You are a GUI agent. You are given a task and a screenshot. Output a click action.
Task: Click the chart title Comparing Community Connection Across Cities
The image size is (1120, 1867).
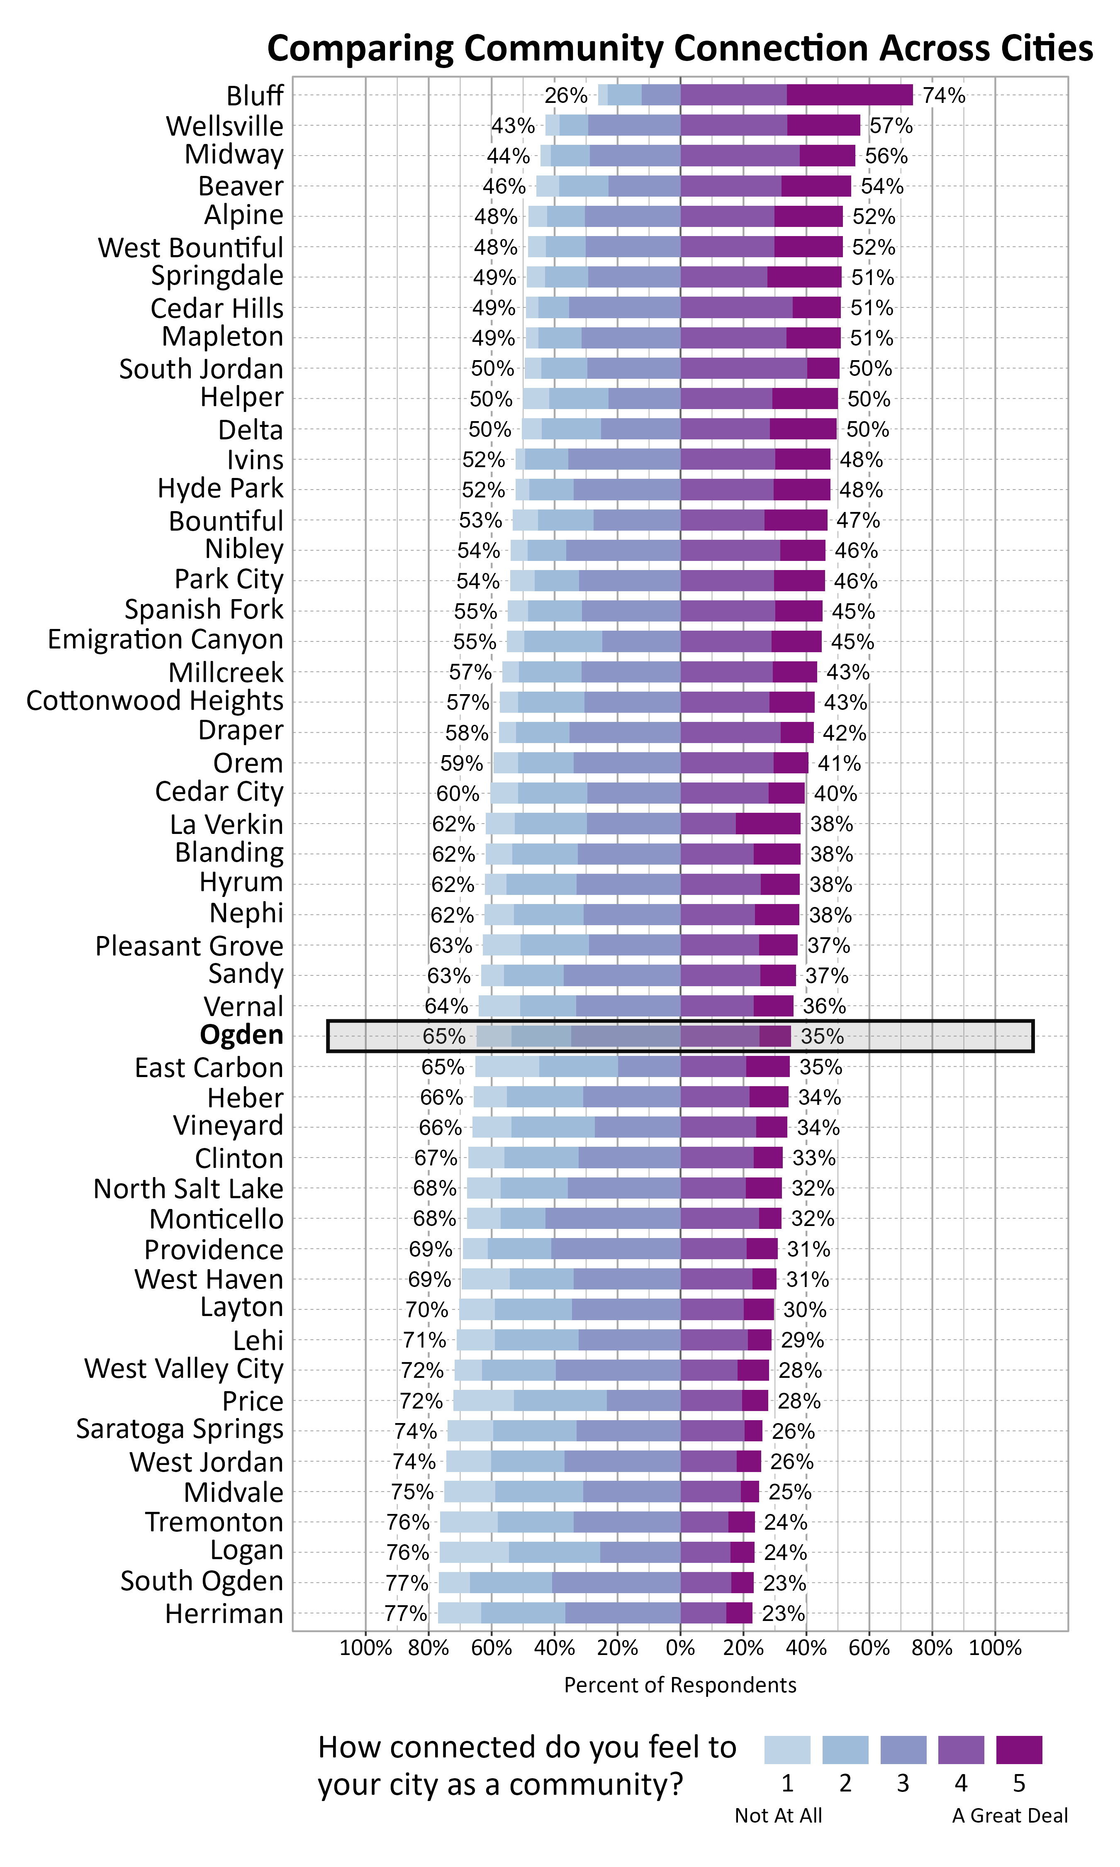click(679, 48)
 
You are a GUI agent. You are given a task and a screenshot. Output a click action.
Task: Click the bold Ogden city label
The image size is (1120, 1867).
click(241, 1036)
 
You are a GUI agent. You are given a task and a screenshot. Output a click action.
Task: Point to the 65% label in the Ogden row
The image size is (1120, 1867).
click(444, 1036)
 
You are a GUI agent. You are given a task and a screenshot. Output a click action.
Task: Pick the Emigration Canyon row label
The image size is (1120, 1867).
click(165, 640)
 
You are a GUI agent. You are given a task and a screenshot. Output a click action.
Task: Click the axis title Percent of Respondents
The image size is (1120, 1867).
click(680, 1685)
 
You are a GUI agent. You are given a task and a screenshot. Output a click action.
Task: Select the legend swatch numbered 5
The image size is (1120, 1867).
click(1019, 1749)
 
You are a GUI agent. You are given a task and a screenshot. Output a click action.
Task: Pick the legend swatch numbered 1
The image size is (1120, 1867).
click(787, 1749)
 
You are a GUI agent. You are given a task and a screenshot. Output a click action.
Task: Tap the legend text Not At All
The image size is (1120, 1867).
click(778, 1816)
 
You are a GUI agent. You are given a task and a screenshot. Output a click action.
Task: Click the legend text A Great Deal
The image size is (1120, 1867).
click(1010, 1816)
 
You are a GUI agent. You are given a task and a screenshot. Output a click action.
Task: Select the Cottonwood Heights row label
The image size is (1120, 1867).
click(155, 701)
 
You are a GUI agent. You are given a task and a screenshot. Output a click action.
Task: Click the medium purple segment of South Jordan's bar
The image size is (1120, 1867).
click(743, 368)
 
